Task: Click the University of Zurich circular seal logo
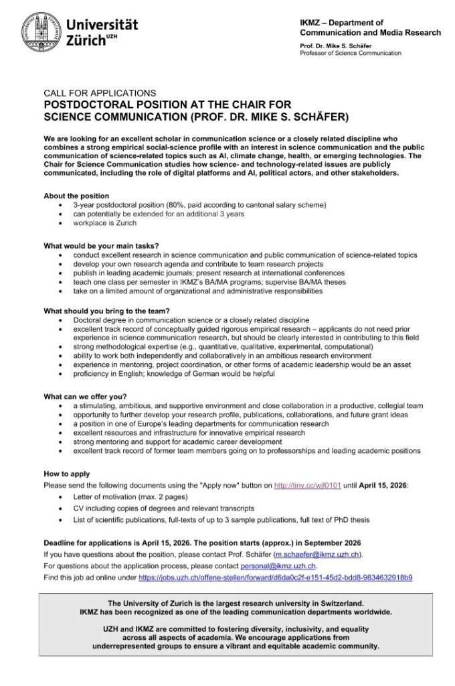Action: (41, 32)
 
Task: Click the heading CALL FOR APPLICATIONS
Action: (100, 93)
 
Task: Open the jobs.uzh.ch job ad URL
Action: (275, 577)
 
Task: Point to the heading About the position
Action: (76, 195)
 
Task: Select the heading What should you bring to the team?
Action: (106, 310)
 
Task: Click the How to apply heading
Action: (66, 474)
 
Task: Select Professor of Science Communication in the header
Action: (351, 53)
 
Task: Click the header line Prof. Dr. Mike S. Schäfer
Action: (339, 45)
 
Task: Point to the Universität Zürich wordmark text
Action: (102, 32)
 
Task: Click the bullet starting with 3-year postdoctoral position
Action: (199, 204)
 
